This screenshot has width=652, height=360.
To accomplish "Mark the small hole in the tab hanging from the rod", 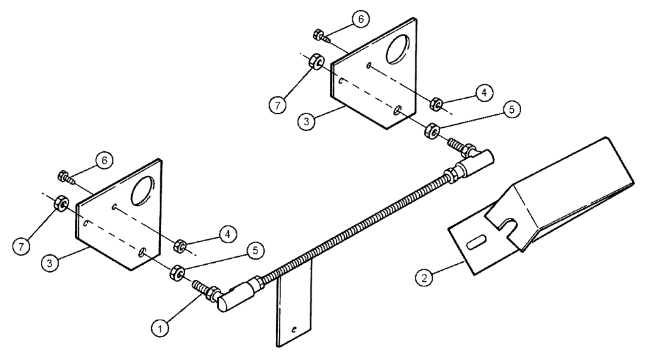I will point(295,330).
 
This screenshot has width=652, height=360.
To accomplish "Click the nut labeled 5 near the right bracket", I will point(431,130).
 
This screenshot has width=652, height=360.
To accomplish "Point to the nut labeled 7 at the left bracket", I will point(58,203).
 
